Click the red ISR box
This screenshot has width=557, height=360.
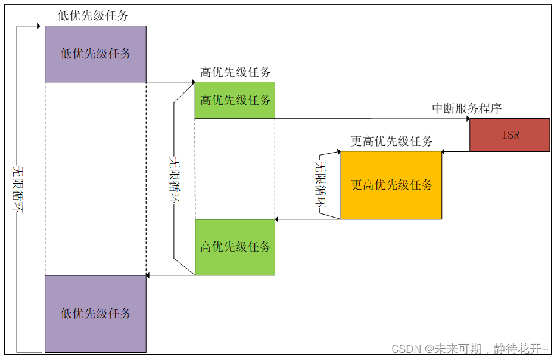(510, 135)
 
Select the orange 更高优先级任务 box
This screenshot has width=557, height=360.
(391, 185)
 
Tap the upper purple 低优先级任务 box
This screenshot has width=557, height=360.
(95, 54)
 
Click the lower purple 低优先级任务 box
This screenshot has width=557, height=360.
(95, 314)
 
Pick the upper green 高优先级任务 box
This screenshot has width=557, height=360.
(235, 100)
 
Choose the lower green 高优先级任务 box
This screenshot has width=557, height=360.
(235, 247)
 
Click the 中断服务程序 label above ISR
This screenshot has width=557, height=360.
(466, 108)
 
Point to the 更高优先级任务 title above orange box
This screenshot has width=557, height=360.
(391, 142)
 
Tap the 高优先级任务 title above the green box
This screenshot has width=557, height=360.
(235, 73)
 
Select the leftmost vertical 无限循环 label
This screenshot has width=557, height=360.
(18, 188)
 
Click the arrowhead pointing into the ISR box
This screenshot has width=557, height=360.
(466, 118)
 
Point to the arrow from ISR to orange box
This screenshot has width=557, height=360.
(456, 151)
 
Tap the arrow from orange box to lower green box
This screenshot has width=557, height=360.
(307, 219)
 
